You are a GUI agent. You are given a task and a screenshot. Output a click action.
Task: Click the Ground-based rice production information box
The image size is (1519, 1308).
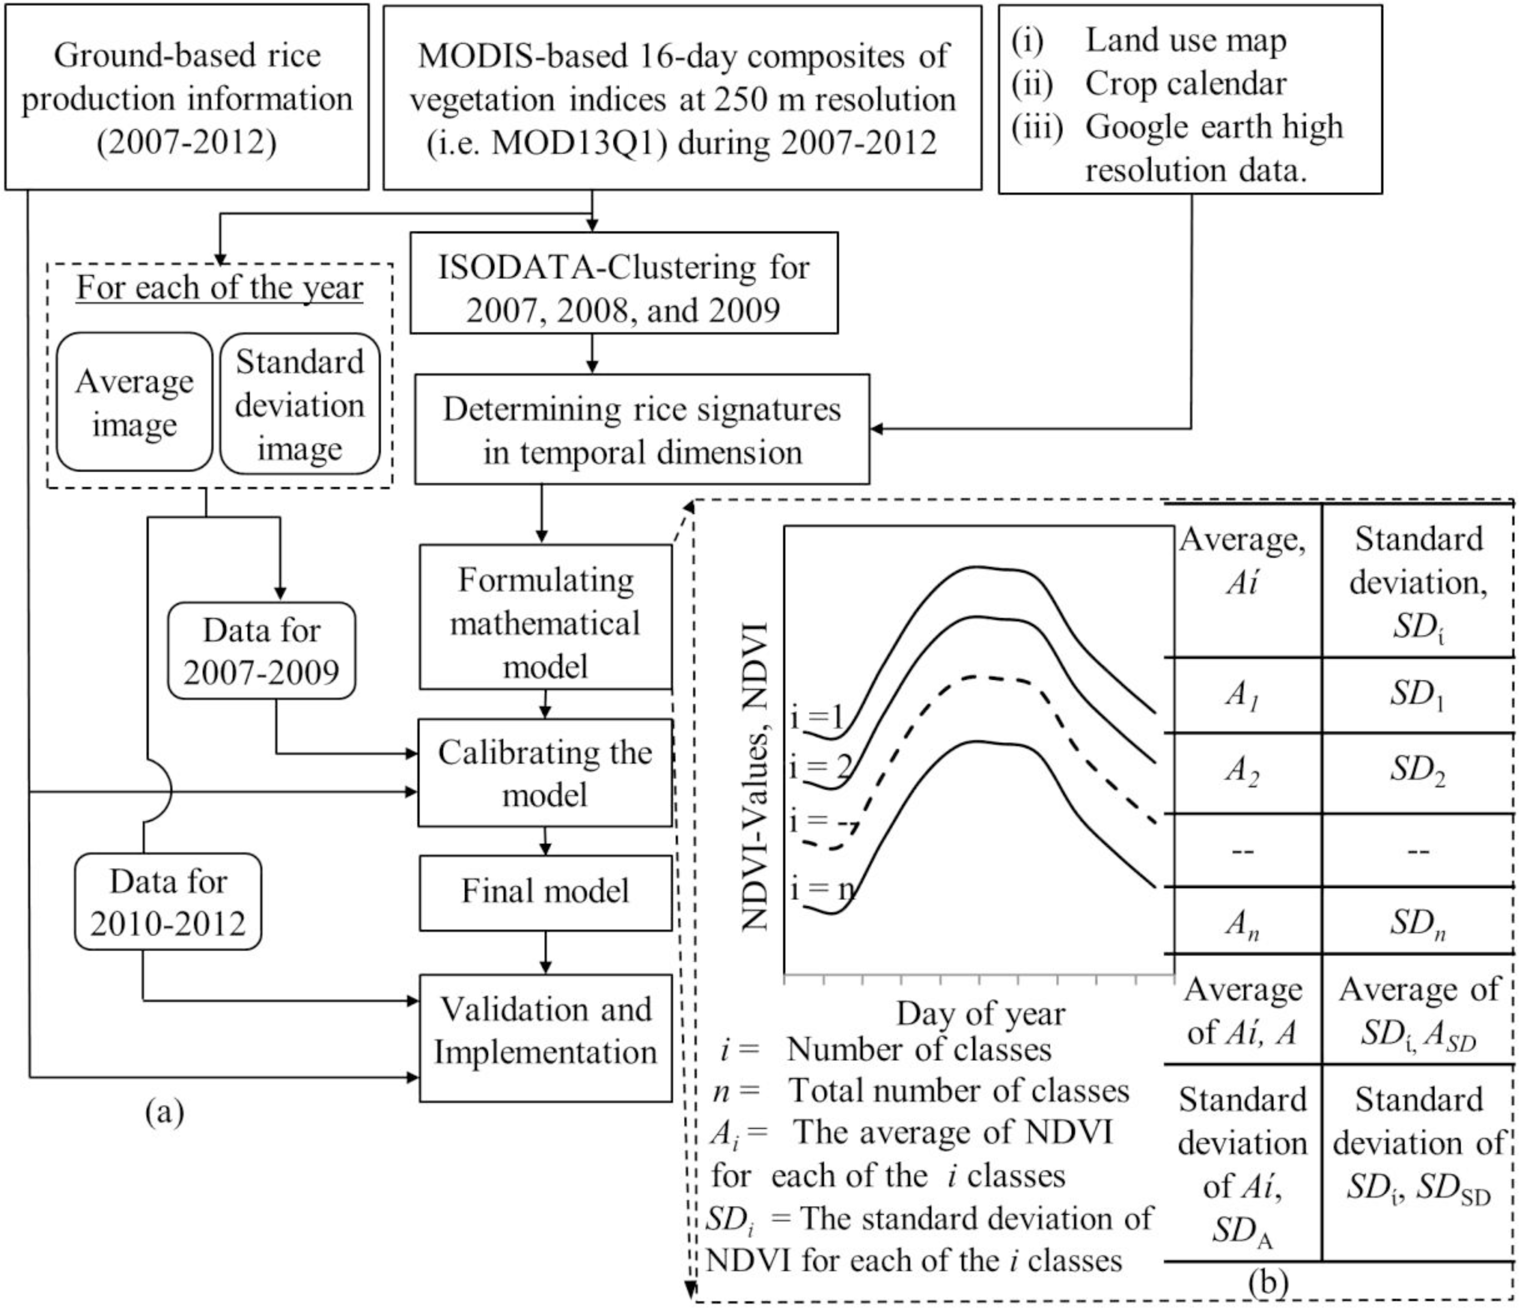187,98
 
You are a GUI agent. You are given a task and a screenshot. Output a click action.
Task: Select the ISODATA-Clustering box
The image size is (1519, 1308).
623,284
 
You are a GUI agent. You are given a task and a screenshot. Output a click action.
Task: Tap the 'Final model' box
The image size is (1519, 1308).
546,892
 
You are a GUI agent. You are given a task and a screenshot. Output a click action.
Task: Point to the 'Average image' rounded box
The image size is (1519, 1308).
134,402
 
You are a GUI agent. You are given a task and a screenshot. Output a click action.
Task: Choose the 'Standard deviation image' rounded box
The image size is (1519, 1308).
300,404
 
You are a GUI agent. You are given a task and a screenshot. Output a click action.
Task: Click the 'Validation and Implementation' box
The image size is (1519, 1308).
546,1031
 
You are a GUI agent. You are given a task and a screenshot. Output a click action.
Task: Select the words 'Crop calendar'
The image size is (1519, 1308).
1185,84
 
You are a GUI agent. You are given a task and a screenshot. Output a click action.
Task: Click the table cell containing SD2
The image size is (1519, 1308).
1417,771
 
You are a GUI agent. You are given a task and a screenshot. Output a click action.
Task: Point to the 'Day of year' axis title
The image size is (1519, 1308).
980,1014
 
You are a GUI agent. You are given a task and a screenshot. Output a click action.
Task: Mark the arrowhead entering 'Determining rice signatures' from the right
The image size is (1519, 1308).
877,429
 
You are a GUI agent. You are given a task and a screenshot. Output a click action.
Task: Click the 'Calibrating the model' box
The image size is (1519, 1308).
546,773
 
